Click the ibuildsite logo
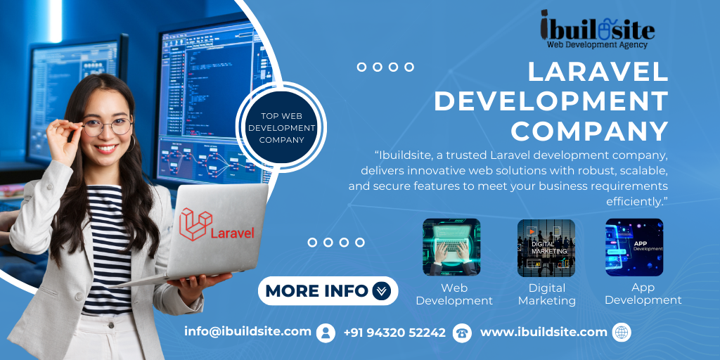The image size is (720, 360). coord(598,29)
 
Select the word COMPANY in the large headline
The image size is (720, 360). coord(590,130)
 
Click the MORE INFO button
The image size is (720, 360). coord(328,290)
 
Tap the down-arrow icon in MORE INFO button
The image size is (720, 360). coord(381,290)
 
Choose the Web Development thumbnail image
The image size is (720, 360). coord(451,247)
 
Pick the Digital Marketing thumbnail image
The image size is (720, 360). coord(546,247)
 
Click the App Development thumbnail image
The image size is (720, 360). coord(634,247)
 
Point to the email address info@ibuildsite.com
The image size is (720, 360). coord(247,331)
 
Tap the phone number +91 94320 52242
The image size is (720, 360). coord(394,333)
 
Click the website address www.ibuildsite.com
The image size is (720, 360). coord(544,332)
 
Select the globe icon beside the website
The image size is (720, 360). coord(622,332)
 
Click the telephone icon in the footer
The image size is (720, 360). coord(462,333)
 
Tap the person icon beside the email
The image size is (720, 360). coord(326,333)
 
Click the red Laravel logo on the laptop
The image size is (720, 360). coord(217,225)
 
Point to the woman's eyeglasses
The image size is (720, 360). coord(107,126)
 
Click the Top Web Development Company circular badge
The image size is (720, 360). coord(281,127)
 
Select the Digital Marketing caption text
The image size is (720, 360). coord(546,295)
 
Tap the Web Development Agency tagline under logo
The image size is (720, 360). coord(597,44)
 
